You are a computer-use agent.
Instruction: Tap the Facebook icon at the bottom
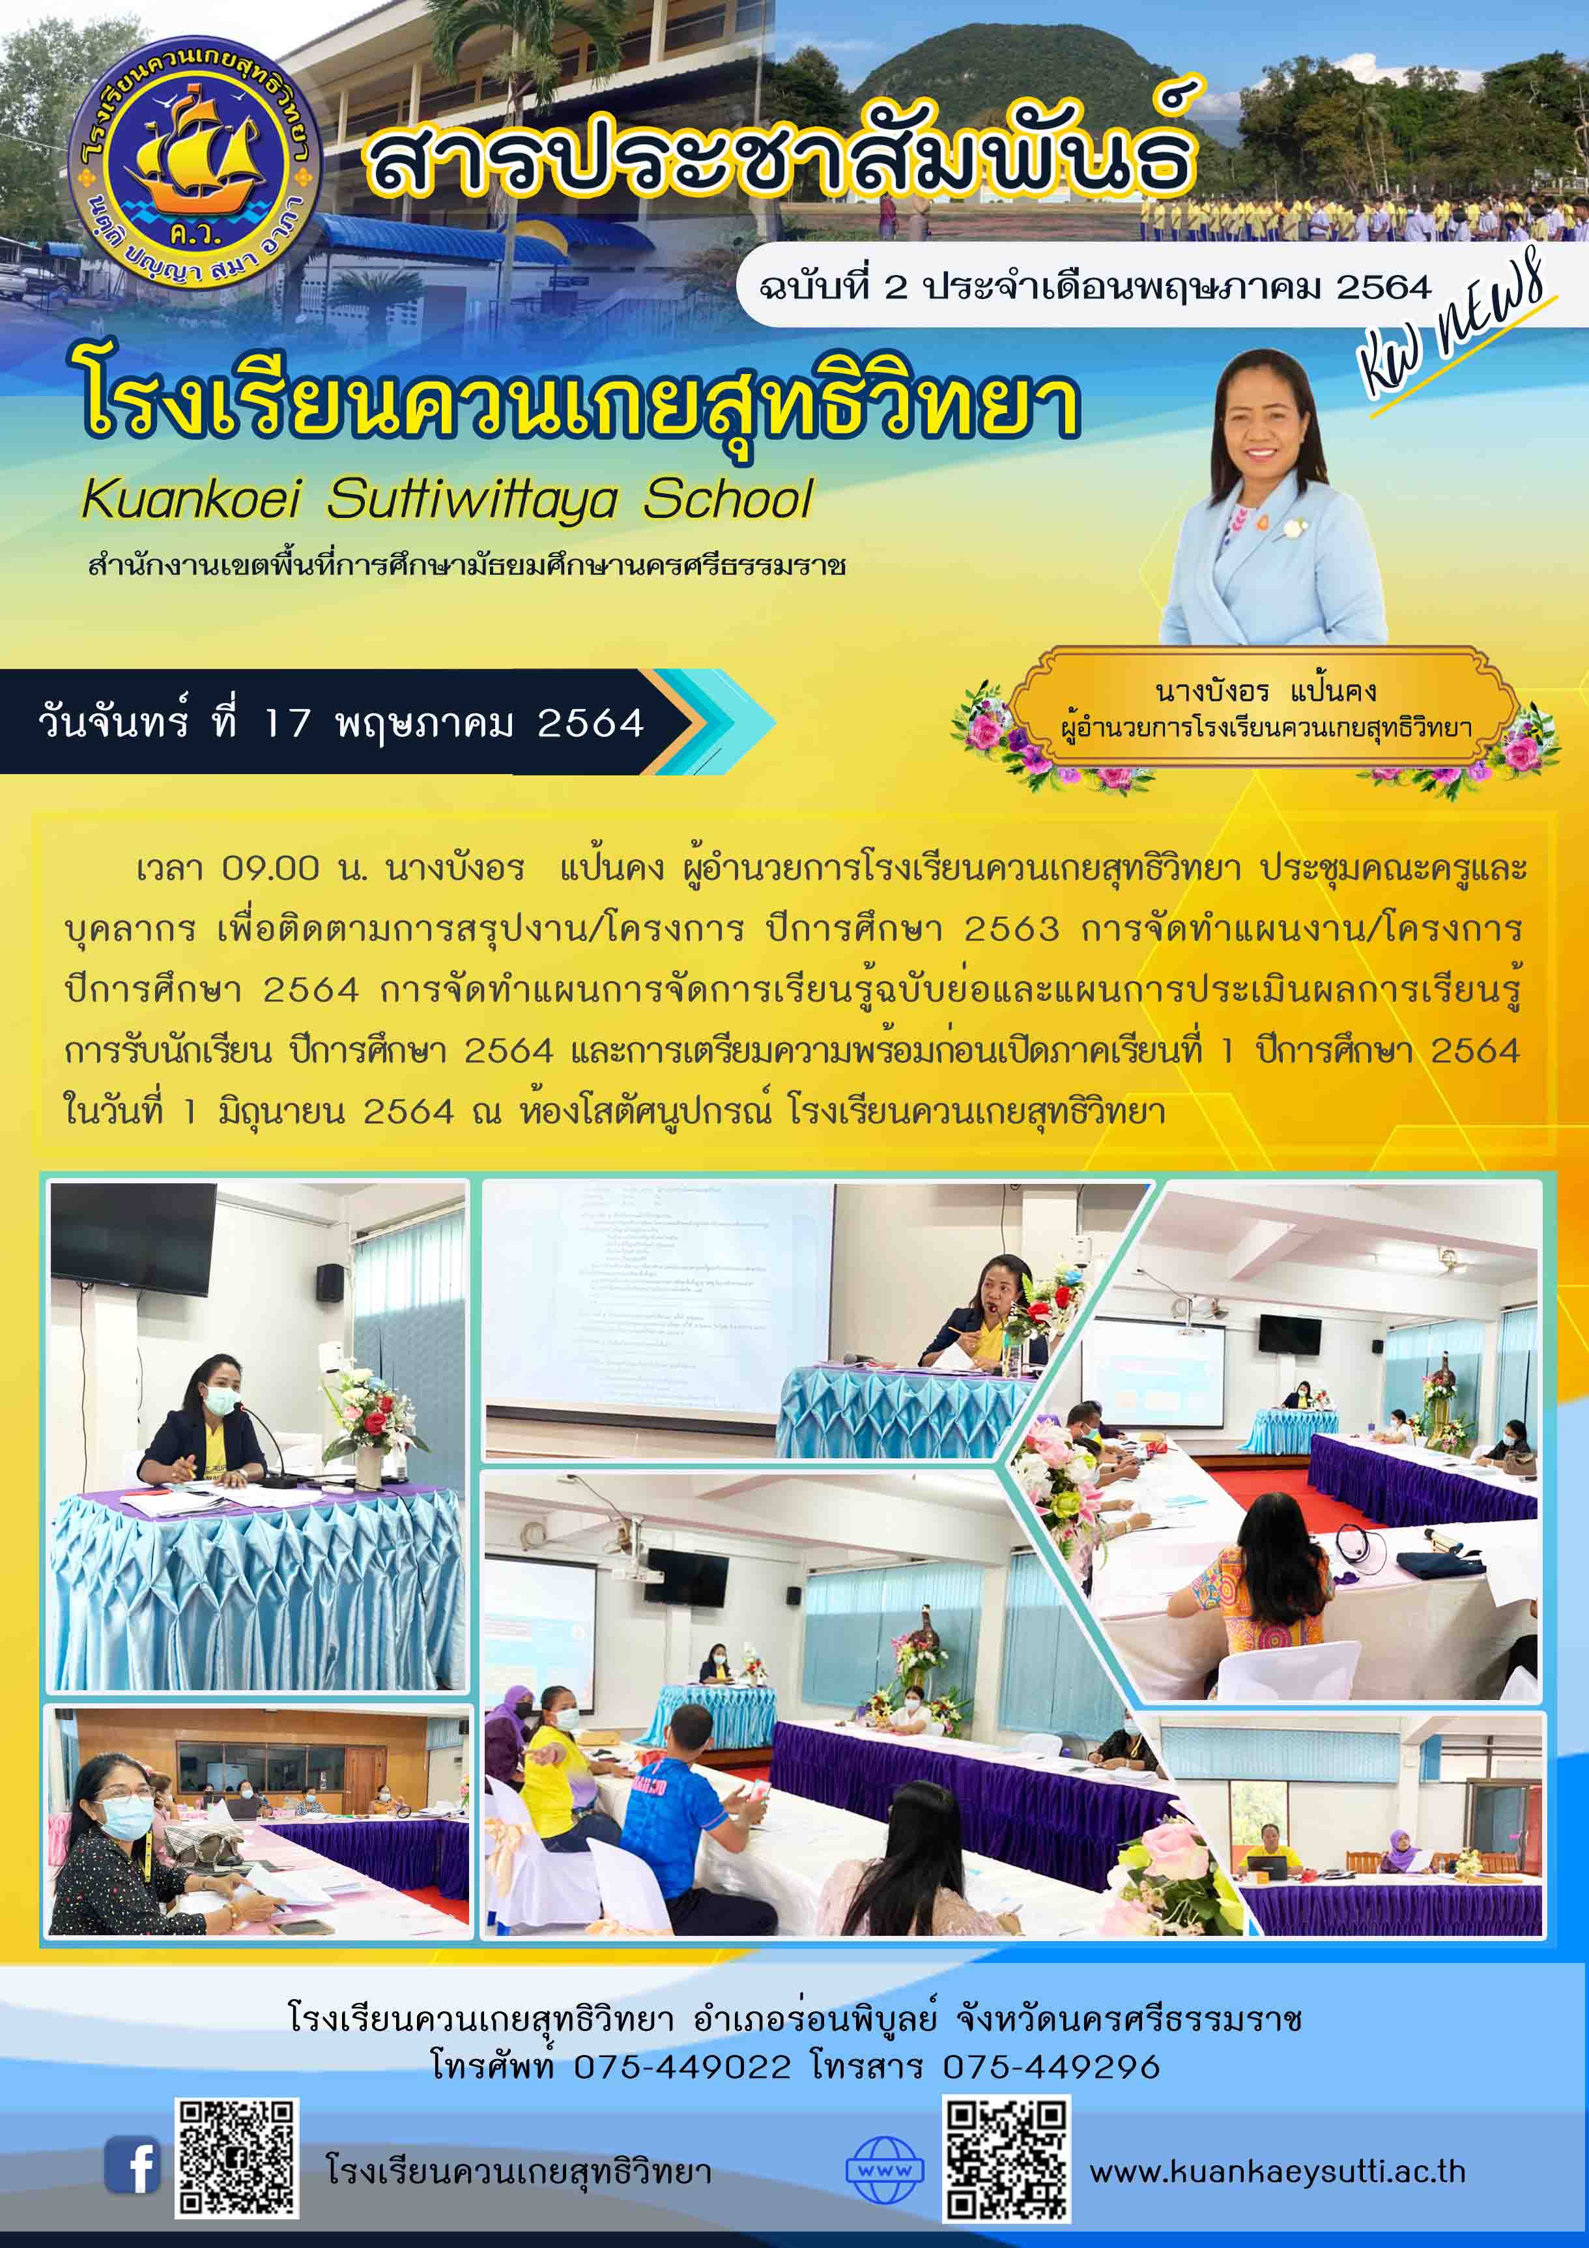132,2166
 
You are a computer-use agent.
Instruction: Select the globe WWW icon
884,2170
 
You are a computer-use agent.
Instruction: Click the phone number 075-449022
681,2067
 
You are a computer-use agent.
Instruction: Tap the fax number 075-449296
1050,2067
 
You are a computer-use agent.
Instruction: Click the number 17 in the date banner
288,723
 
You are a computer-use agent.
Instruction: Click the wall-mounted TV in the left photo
132,1237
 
